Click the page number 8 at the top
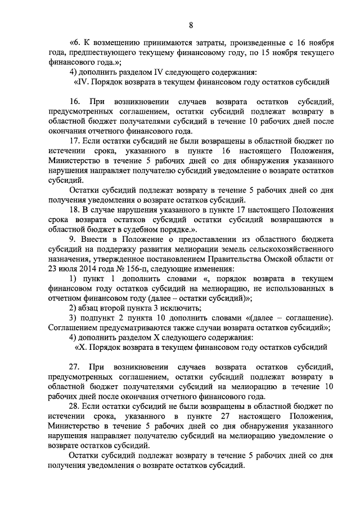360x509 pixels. point(191,25)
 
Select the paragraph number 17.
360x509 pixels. point(74,141)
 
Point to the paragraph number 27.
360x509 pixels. point(74,367)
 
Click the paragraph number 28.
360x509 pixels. point(74,406)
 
